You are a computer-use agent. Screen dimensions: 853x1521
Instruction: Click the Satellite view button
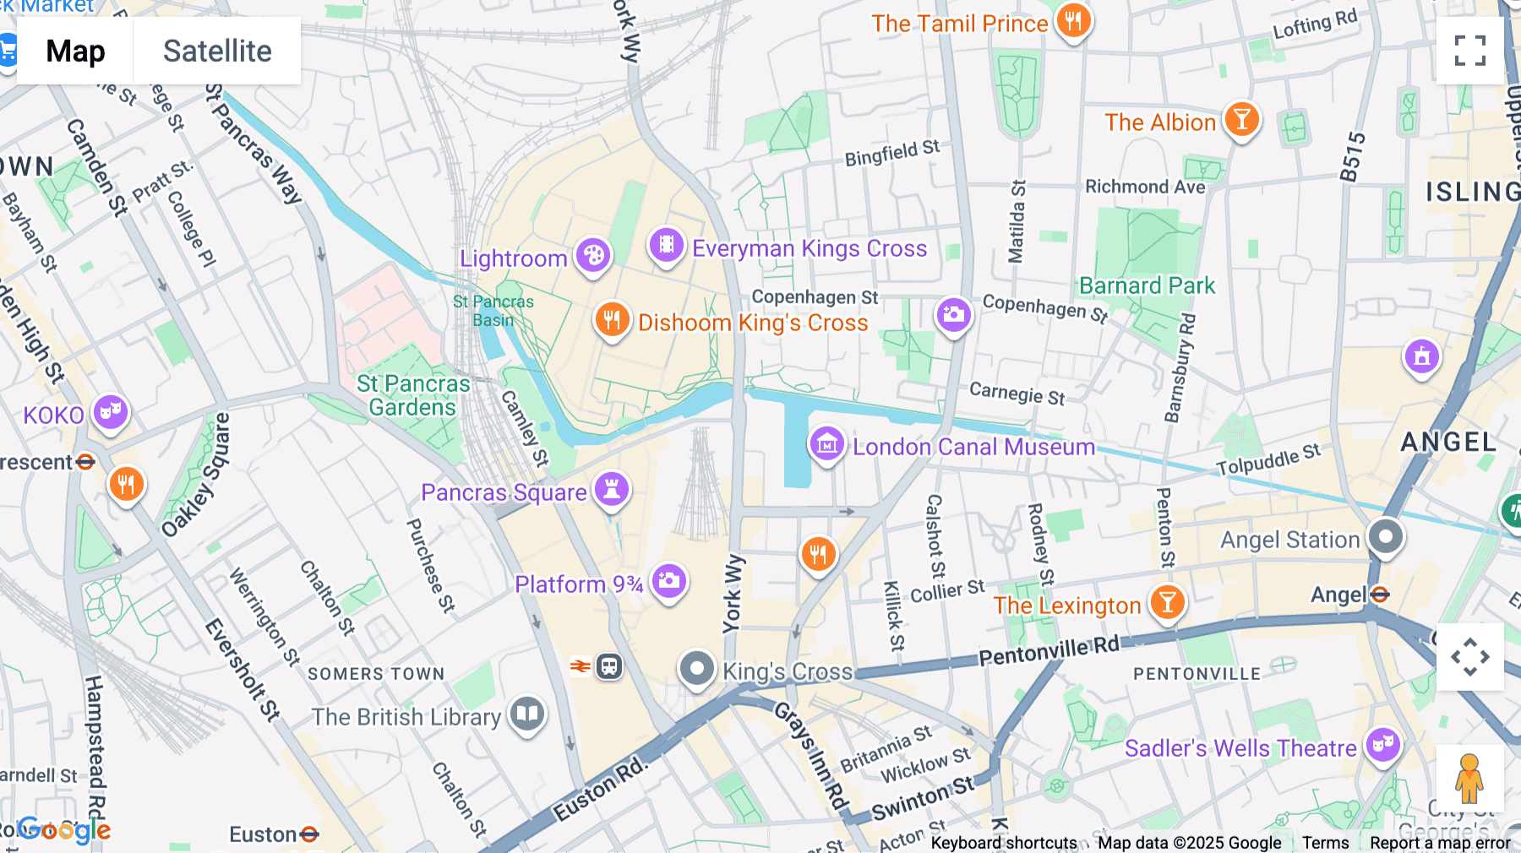[217, 51]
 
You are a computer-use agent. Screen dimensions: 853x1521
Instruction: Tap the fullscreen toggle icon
[1469, 51]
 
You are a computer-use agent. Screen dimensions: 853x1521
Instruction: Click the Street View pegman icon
[1469, 778]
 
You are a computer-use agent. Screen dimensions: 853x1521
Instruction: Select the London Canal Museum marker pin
[826, 443]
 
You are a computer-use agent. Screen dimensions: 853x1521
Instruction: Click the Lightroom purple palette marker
[593, 255]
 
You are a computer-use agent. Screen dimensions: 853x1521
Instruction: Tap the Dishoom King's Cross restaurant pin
[612, 320]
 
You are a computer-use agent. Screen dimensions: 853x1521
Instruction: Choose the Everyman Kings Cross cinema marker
[666, 245]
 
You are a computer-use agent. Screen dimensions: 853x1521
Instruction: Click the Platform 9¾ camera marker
[669, 581]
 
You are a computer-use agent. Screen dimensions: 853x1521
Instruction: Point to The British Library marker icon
[527, 714]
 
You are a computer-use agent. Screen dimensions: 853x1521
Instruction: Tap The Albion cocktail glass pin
[1241, 120]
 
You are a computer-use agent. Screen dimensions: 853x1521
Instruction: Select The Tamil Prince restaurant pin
[1073, 21]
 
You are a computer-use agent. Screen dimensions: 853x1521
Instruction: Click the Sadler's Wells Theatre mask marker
[1383, 745]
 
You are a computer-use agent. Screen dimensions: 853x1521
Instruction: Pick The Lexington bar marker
[1168, 603]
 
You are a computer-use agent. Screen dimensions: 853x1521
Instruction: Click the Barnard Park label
[1147, 285]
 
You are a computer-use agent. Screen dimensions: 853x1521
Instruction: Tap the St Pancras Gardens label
[412, 395]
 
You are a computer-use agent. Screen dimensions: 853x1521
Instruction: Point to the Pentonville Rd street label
[1049, 651]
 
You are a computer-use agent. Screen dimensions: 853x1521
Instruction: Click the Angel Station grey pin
[1386, 536]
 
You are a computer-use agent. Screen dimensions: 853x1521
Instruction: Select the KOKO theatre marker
[111, 412]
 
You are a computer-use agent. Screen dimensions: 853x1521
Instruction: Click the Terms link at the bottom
[1325, 843]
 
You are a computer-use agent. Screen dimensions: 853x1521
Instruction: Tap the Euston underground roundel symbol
[309, 834]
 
